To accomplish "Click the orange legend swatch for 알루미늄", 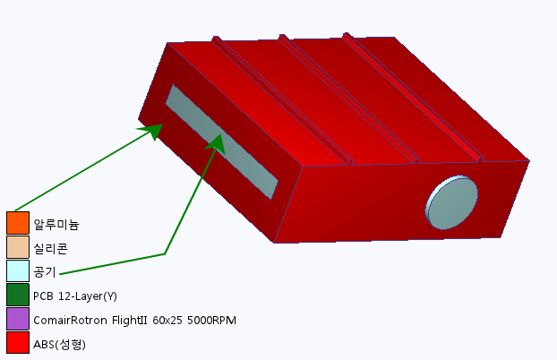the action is click(x=18, y=223).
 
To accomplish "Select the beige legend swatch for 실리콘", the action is click(x=18, y=247).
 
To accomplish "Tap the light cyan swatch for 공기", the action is click(x=18, y=270).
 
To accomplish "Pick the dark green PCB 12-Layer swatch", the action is click(x=18, y=295).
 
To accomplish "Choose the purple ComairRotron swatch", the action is click(x=18, y=319).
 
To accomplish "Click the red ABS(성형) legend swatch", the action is click(x=18, y=342).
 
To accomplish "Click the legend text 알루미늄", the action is click(x=56, y=225).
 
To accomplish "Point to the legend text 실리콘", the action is click(x=50, y=248).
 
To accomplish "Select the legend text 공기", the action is click(x=45, y=272).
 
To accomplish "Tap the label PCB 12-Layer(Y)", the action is click(x=75, y=296).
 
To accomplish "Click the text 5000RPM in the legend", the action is click(x=211, y=321).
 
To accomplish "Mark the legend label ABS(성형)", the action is click(x=59, y=344).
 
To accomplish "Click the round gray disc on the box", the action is click(x=451, y=202).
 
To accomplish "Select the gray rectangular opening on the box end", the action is click(x=222, y=141).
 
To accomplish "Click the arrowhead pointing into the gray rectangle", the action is click(x=217, y=144).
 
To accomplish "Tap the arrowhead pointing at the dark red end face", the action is click(x=151, y=132).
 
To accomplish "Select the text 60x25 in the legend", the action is click(x=167, y=321).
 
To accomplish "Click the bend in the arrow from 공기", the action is click(x=165, y=253).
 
